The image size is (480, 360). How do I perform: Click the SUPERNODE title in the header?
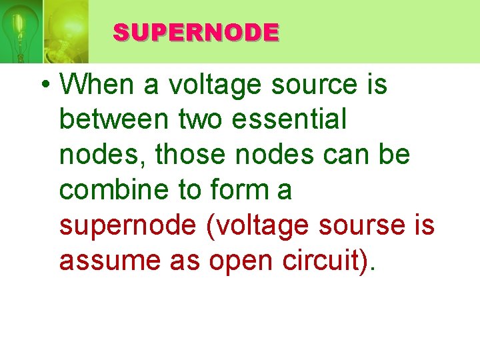(x=195, y=32)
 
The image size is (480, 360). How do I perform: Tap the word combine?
(x=113, y=190)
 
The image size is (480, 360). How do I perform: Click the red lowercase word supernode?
(x=128, y=225)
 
